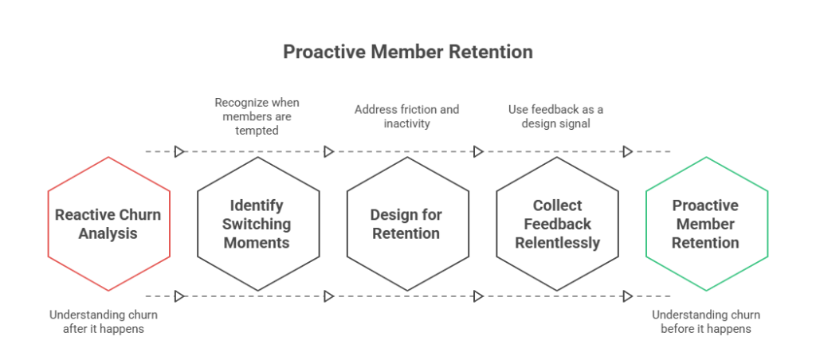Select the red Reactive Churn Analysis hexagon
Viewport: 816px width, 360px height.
108,224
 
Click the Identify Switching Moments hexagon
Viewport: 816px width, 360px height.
258,224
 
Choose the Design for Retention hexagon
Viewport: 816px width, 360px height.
407,224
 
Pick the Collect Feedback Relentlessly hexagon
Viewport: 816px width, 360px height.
557,224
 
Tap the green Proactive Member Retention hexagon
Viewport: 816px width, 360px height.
707,224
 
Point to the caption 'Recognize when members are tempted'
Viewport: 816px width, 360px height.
257,116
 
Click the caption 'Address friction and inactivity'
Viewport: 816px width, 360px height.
407,116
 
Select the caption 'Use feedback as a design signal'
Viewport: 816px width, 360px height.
556,116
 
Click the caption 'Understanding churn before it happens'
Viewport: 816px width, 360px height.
707,321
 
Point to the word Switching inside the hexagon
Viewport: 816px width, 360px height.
258,224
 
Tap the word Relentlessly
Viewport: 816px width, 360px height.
557,243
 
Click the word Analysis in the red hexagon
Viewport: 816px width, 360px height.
108,233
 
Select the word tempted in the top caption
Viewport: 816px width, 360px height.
257,130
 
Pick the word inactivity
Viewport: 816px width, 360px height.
407,125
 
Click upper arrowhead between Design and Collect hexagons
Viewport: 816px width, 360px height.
479,151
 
